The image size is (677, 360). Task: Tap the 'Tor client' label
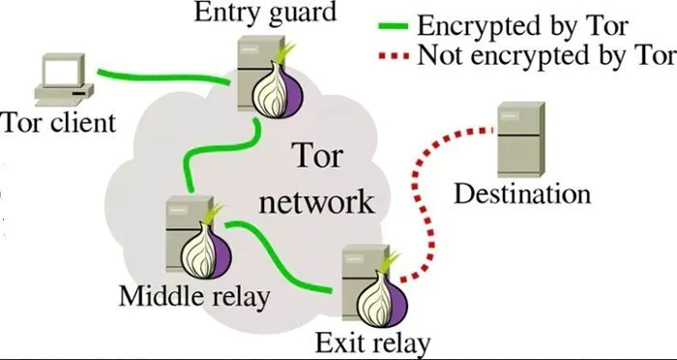tap(59, 123)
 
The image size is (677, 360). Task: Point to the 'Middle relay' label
tap(193, 295)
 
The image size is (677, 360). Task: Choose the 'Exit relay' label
tap(373, 342)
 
